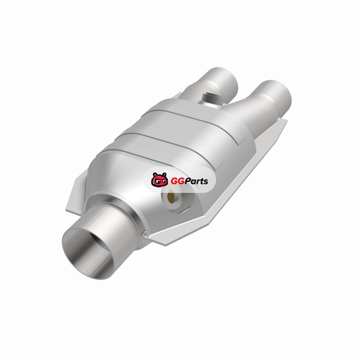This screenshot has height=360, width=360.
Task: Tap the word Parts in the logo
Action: (195, 181)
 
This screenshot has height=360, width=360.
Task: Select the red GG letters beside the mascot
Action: (176, 181)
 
